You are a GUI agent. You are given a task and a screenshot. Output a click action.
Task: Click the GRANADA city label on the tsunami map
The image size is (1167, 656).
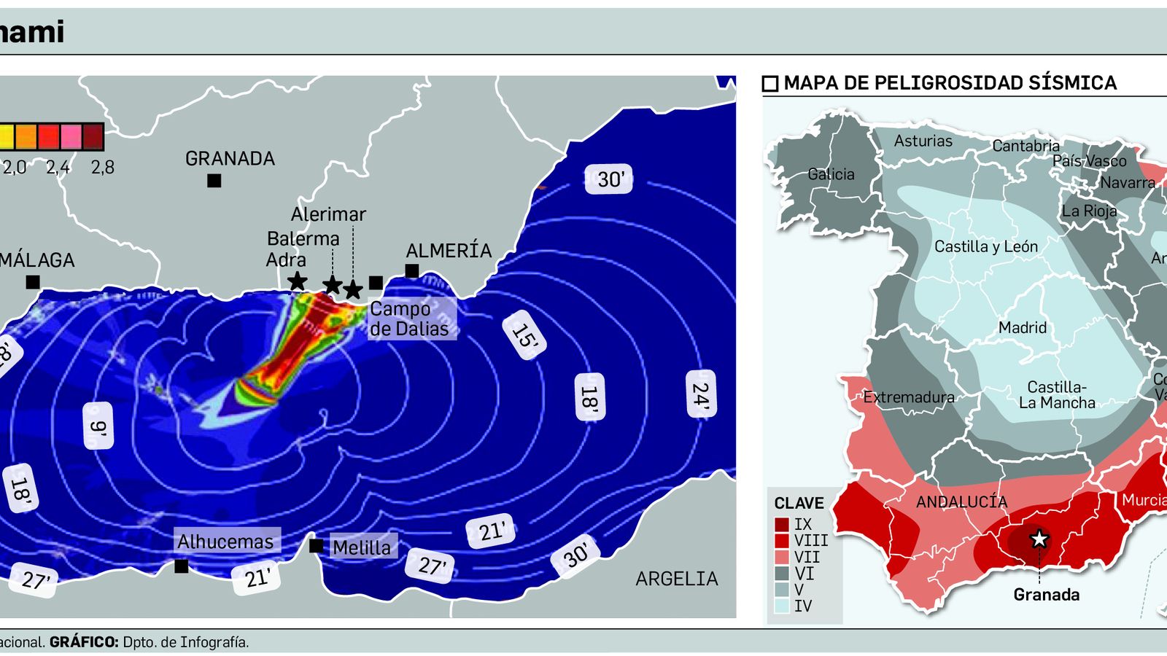pos(230,158)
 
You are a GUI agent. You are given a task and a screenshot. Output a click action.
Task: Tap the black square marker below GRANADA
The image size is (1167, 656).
pos(214,181)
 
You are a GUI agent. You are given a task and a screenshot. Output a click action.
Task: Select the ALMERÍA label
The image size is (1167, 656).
pos(449,251)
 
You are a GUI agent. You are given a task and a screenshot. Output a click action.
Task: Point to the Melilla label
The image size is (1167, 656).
pos(362,547)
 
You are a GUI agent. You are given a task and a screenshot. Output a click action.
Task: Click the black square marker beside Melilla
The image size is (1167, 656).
pos(316,546)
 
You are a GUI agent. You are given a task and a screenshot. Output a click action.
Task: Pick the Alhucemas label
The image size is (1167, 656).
pos(225,542)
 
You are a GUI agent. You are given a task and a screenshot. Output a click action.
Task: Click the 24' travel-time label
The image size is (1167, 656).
pos(700,394)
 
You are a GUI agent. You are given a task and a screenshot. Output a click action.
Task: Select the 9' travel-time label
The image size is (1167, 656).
pos(98,426)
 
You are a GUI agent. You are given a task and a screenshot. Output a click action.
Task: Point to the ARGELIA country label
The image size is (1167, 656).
pos(677,579)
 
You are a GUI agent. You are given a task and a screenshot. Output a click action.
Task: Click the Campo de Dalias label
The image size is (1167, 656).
pos(409,319)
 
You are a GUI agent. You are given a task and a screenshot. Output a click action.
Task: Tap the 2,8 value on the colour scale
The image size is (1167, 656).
pos(103,168)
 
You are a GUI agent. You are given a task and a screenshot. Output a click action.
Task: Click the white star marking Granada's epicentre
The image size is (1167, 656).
pos(1039,539)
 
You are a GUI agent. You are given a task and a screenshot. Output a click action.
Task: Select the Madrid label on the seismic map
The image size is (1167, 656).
pos(1023,328)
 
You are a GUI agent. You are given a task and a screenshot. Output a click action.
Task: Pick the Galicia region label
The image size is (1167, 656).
pos(831,174)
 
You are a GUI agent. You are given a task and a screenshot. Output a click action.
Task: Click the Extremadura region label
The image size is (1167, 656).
pos(909,397)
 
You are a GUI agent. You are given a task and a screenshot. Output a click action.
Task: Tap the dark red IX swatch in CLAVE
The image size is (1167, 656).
pos(782,524)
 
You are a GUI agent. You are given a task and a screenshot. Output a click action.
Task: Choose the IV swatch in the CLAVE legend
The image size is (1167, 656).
pos(782,606)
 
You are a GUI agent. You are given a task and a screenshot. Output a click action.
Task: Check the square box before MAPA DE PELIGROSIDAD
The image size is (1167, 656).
pos(770,84)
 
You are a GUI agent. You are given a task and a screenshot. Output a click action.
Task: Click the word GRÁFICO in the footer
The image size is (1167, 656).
pos(84,642)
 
